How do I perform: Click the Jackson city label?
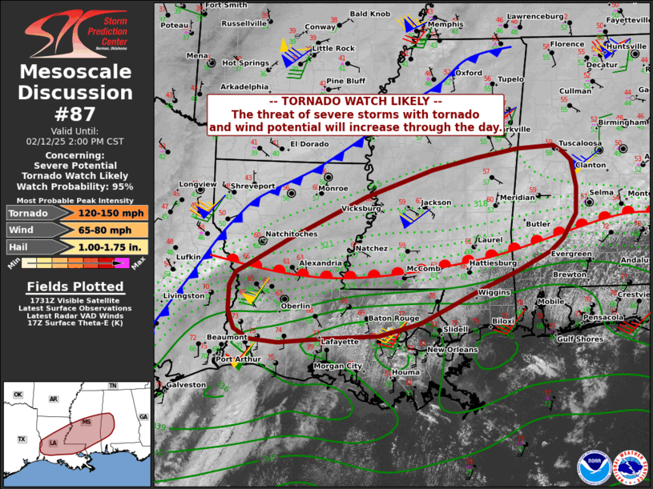436,203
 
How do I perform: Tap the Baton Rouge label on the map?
393,319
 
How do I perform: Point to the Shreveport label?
252,186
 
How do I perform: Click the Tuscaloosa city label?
580,143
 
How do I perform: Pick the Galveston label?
186,385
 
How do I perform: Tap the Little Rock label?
333,49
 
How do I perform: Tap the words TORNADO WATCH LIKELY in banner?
355,102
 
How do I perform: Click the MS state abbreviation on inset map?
86,422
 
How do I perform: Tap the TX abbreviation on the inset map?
22,439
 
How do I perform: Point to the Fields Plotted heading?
76,286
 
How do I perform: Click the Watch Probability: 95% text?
76,186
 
